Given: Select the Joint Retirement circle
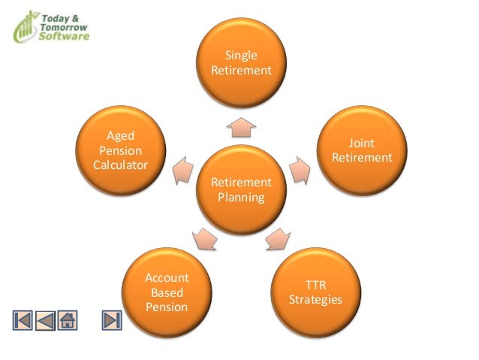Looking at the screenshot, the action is (361, 150).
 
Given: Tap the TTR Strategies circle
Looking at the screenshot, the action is (315, 292).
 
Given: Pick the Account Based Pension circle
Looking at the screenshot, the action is (167, 292).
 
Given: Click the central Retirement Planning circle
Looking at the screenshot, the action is (241, 191).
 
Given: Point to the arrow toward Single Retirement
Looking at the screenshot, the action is (241, 126).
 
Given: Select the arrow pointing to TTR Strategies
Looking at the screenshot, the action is (277, 238).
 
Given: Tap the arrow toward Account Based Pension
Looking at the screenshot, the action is (205, 239).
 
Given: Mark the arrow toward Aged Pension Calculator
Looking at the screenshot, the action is (182, 171).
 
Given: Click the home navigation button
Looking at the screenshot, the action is (68, 319).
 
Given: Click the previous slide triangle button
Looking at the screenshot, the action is (45, 319).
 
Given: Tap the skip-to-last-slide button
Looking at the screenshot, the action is (112, 319).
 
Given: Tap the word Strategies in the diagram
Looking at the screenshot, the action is (315, 300).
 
